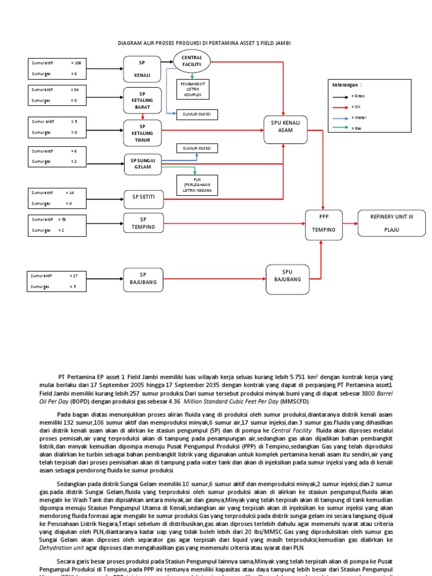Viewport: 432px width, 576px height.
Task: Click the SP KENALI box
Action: pyautogui.click(x=143, y=69)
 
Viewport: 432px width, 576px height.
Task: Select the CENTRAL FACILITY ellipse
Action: pyautogui.click(x=191, y=61)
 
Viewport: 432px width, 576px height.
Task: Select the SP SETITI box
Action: pyautogui.click(x=143, y=196)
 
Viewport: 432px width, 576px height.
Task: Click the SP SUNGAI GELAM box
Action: pyautogui.click(x=143, y=164)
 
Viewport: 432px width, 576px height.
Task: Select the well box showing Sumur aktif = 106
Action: pyautogui.click(x=56, y=69)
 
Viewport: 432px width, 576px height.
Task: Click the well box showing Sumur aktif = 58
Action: pyautogui.click(x=56, y=224)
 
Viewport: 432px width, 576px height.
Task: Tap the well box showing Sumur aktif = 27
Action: pyautogui.click(x=56, y=281)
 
